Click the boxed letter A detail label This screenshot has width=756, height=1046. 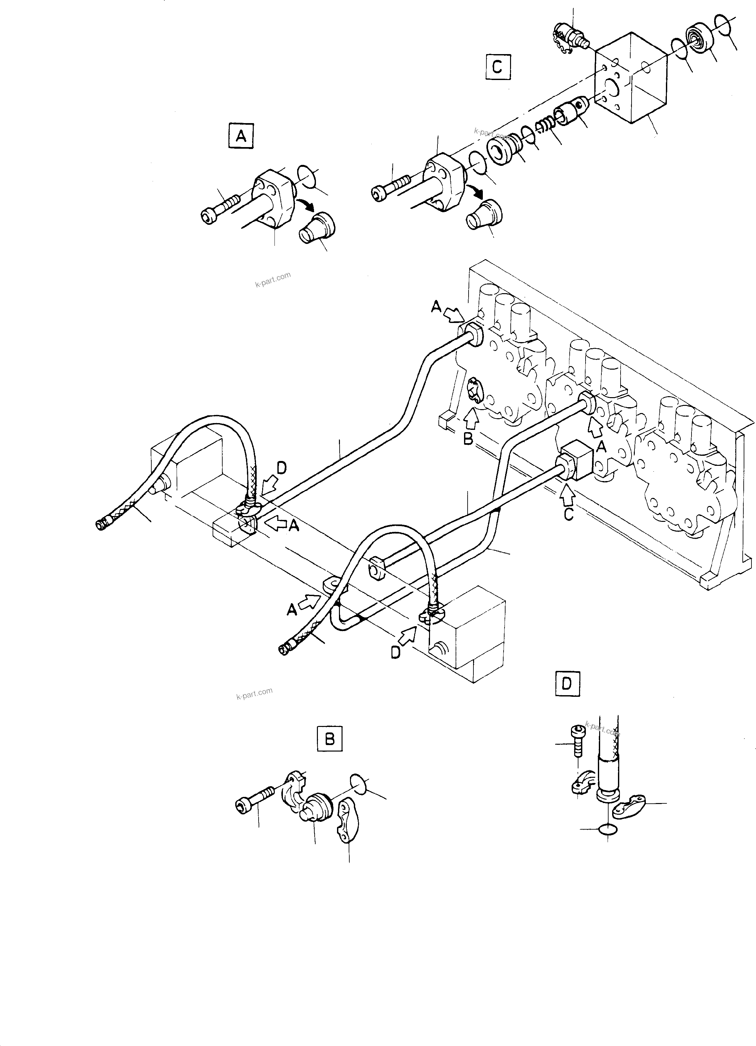pyautogui.click(x=241, y=136)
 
